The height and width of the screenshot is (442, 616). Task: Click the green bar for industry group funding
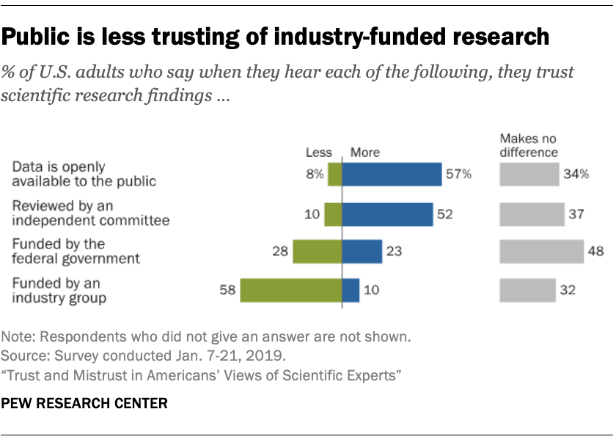(290, 290)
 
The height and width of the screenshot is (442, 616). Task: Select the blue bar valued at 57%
(392, 174)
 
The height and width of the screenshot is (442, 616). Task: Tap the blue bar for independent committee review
(387, 214)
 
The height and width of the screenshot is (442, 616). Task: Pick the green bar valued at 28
(317, 251)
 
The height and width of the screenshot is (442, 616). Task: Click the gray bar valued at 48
(541, 251)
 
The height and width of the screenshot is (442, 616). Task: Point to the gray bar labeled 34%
(529, 174)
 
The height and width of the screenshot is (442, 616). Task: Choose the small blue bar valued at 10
(351, 290)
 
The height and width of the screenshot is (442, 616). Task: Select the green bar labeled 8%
(334, 174)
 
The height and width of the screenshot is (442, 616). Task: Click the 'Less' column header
(318, 152)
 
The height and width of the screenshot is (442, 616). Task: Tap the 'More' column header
(365, 152)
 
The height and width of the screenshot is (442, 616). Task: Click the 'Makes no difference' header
(529, 145)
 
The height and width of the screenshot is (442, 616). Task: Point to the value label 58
(227, 290)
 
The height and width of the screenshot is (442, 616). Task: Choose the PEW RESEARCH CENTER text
(84, 403)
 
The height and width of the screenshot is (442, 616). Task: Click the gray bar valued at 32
(527, 290)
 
